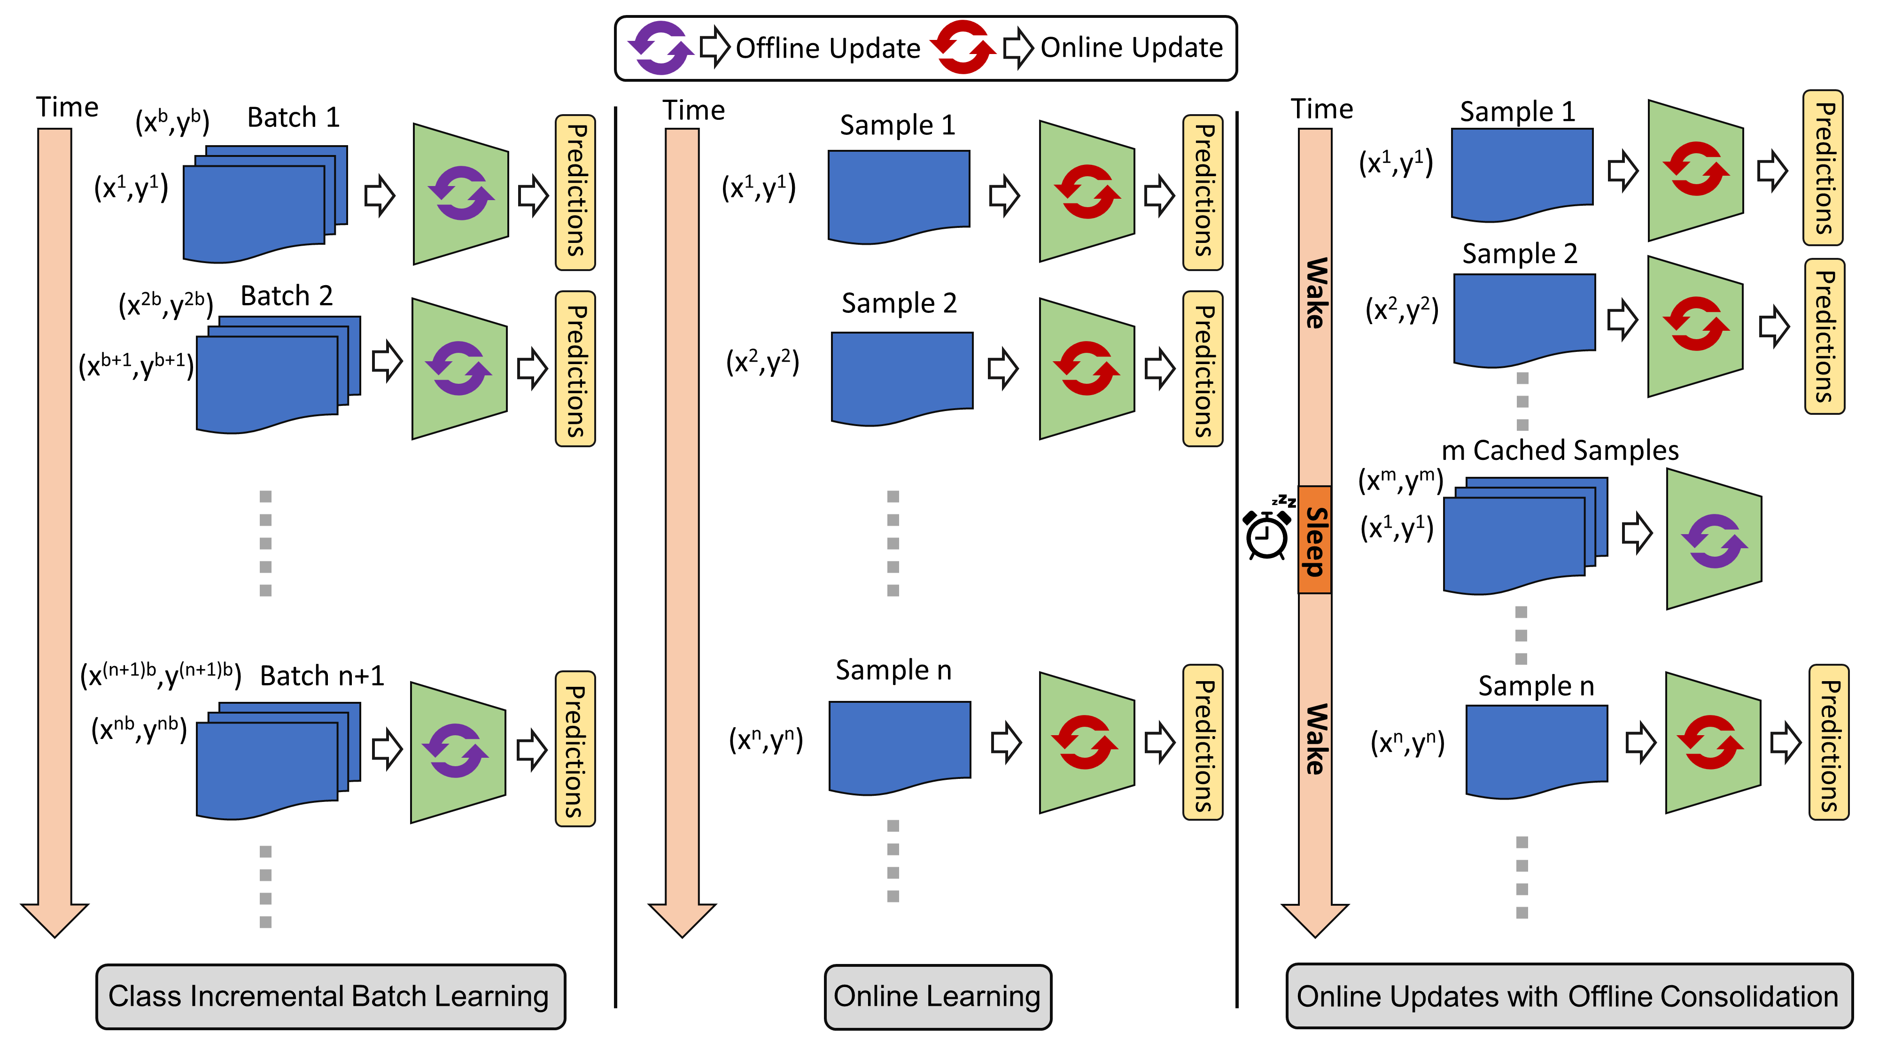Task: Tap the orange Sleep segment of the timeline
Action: pyautogui.click(x=1314, y=540)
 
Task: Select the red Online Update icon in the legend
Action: pyautogui.click(x=963, y=47)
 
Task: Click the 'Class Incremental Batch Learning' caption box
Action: pyautogui.click(x=330, y=996)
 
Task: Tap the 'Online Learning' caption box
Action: pyautogui.click(x=937, y=996)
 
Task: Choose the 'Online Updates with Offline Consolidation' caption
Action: pyautogui.click(x=1568, y=996)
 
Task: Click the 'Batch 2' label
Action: pyautogui.click(x=287, y=296)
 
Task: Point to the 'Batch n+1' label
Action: pyautogui.click(x=322, y=676)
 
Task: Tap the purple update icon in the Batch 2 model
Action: pyautogui.click(x=459, y=368)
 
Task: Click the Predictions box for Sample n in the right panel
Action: pyautogui.click(x=1829, y=743)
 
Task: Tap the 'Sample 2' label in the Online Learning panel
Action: pyautogui.click(x=899, y=303)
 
